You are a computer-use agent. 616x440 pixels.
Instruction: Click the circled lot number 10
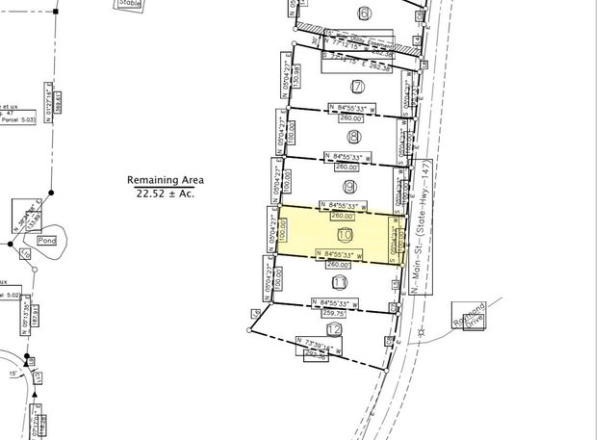[346, 234]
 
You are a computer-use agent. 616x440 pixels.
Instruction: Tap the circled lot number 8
[354, 137]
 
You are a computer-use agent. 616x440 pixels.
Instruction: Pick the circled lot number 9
[349, 186]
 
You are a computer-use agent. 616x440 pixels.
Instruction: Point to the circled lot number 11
[339, 282]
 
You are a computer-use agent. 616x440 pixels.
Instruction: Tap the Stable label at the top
[129, 4]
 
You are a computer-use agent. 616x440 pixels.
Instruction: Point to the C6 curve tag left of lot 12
[256, 314]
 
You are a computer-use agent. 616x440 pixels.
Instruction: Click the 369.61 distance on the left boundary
[59, 100]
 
